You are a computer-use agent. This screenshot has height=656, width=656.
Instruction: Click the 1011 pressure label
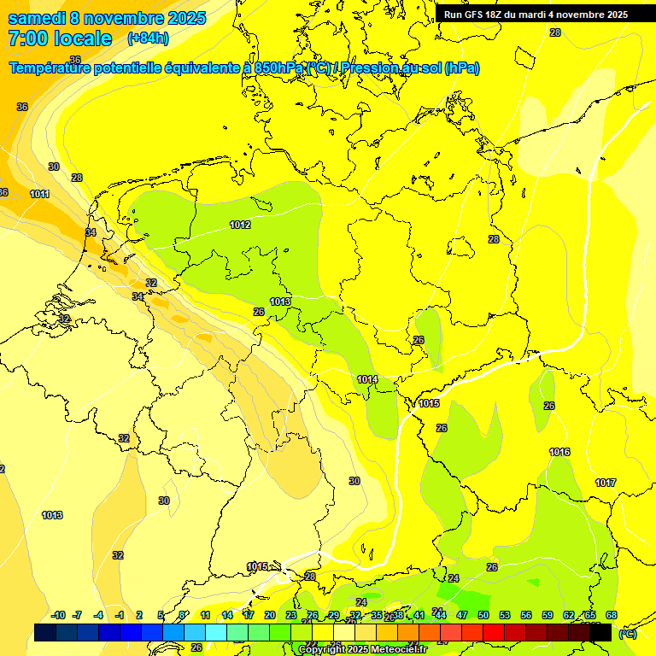tap(39, 194)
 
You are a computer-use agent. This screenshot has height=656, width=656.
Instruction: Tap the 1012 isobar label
tap(240, 225)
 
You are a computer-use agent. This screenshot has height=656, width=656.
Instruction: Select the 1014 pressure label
tap(367, 379)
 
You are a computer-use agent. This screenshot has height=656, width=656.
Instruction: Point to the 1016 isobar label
tap(559, 452)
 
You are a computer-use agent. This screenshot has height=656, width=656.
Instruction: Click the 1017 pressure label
tap(606, 483)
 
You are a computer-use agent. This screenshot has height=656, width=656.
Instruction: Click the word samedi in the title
tap(40, 18)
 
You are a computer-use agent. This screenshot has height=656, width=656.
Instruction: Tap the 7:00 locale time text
tap(60, 38)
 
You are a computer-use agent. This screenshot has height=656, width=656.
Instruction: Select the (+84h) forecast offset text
tap(148, 38)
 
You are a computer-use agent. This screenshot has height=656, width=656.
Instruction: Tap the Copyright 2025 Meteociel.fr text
tap(364, 649)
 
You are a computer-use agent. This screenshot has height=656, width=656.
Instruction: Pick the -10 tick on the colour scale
tap(58, 615)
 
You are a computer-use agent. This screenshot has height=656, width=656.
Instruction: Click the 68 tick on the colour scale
tap(612, 615)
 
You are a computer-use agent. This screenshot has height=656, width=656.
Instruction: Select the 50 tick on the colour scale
tap(483, 615)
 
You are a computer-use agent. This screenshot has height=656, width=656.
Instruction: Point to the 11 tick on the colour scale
tap(205, 615)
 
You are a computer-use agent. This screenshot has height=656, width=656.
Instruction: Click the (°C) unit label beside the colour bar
tap(628, 634)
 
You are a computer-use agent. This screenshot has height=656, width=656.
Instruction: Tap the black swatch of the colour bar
tap(600, 632)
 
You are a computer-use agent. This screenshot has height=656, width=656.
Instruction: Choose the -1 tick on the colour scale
tap(120, 615)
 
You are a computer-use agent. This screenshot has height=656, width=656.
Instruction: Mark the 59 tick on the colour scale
tap(548, 615)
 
